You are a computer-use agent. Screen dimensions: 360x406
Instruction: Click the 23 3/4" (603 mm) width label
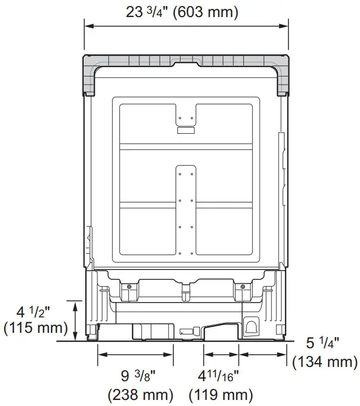pos(182,12)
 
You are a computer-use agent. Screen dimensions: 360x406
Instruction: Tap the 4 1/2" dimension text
pos(33,312)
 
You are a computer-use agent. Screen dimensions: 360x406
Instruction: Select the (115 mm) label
pos(36,328)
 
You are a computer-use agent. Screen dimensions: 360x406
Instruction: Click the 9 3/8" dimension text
pos(138,376)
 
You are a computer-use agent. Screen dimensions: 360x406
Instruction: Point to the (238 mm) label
pos(140,394)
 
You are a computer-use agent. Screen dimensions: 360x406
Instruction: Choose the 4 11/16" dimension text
pos(219,376)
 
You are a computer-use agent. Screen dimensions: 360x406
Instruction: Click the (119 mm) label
pos(221,394)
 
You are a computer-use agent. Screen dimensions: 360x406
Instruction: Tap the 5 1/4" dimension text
pos(323,343)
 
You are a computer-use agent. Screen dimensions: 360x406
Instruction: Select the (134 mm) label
pos(325,361)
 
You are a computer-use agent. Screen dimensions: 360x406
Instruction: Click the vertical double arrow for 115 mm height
pos(75,321)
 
